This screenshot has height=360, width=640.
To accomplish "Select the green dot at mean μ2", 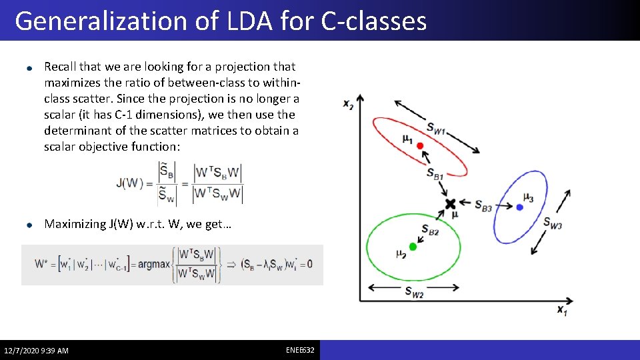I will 413,247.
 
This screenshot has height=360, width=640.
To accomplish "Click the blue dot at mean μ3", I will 520,207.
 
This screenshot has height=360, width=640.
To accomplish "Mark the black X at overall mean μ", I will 451,203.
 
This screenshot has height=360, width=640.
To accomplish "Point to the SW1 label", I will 436,129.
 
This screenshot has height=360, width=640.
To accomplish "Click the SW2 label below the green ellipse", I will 413,291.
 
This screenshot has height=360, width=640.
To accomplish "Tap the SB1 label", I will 435,173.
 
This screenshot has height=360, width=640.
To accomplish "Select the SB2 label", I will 429,230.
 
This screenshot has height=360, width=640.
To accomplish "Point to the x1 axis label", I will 563,309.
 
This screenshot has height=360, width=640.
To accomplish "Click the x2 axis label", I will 348,105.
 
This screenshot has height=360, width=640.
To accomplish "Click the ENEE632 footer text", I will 300,350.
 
